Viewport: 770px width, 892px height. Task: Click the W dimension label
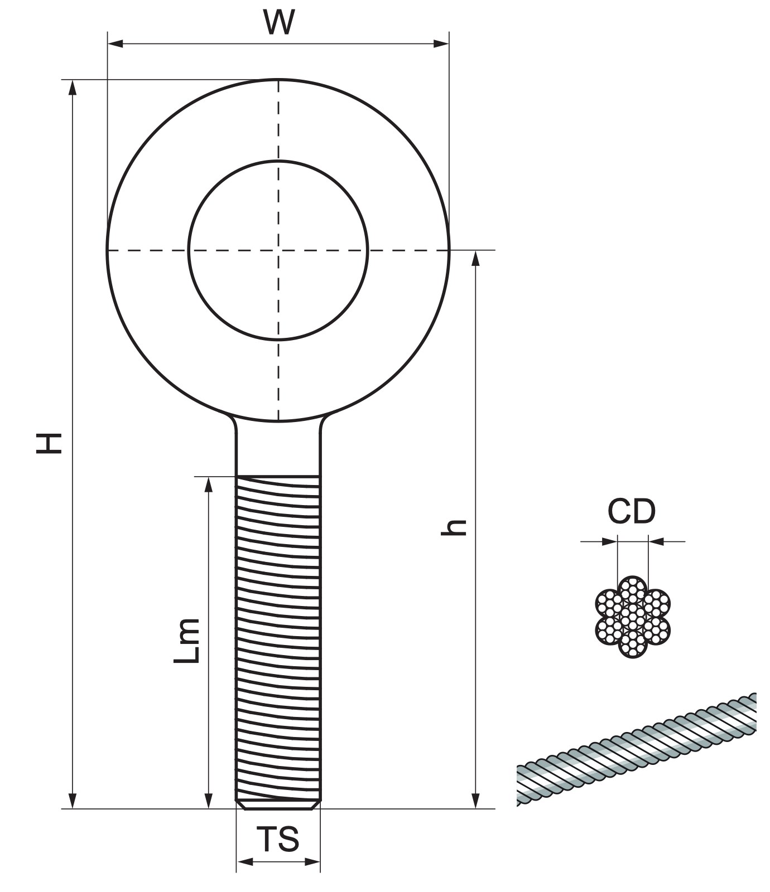click(278, 22)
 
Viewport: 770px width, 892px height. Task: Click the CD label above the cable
click(632, 511)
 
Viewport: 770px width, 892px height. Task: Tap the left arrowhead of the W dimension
click(115, 43)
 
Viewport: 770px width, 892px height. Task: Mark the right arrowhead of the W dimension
click(441, 43)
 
